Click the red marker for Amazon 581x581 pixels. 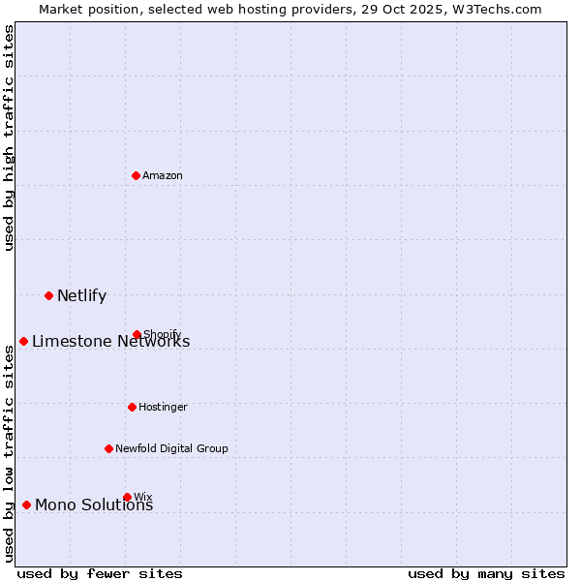pyautogui.click(x=136, y=175)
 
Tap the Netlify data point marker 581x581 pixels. pyautogui.click(x=48, y=295)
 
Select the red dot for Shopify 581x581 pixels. pyautogui.click(x=137, y=335)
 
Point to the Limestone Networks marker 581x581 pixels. pyautogui.click(x=23, y=341)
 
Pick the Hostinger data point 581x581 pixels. pyautogui.click(x=132, y=407)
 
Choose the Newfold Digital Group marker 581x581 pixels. pyautogui.click(x=108, y=448)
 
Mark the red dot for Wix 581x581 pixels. pyautogui.click(x=127, y=497)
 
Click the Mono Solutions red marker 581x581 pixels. pyautogui.click(x=26, y=505)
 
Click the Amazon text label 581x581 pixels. pyautogui.click(x=163, y=175)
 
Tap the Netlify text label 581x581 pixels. pyautogui.click(x=81, y=295)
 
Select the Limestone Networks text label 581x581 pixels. pyautogui.click(x=110, y=341)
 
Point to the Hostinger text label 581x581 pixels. pyautogui.click(x=163, y=407)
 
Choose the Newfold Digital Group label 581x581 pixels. pyautogui.click(x=171, y=448)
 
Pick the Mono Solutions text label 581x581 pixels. pyautogui.click(x=94, y=505)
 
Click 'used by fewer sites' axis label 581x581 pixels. pyautogui.click(x=100, y=573)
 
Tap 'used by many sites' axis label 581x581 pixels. pyautogui.click(x=486, y=573)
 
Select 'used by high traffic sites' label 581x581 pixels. pyautogui.click(x=9, y=138)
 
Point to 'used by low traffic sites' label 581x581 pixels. pyautogui.click(x=9, y=453)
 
